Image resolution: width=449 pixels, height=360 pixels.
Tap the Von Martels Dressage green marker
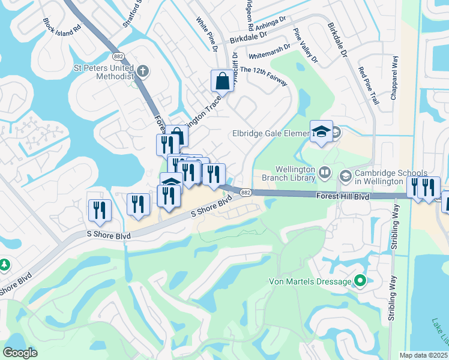360,280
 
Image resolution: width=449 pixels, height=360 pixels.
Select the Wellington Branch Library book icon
325,173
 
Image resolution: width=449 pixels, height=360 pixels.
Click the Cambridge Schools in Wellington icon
345,176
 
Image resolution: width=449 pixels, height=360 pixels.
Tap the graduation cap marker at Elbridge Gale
321,131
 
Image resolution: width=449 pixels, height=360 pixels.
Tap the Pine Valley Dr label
305,45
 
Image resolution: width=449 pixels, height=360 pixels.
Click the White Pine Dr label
206,34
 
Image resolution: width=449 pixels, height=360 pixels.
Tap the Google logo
20,353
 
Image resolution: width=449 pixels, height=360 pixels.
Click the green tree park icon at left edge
4,265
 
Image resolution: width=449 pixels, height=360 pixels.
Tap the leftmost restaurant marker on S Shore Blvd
99,209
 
